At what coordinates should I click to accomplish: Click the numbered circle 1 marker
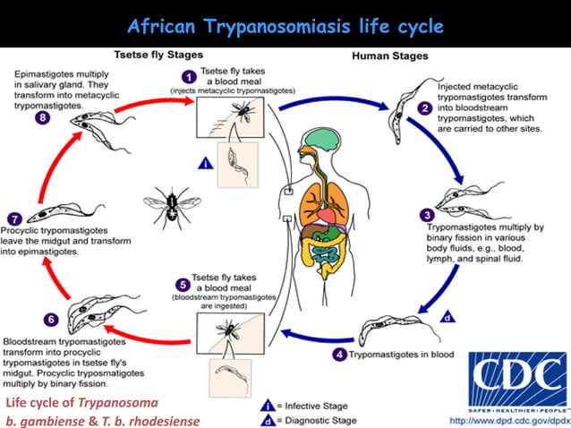point(191,76)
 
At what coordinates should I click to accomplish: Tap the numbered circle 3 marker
point(426,214)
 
